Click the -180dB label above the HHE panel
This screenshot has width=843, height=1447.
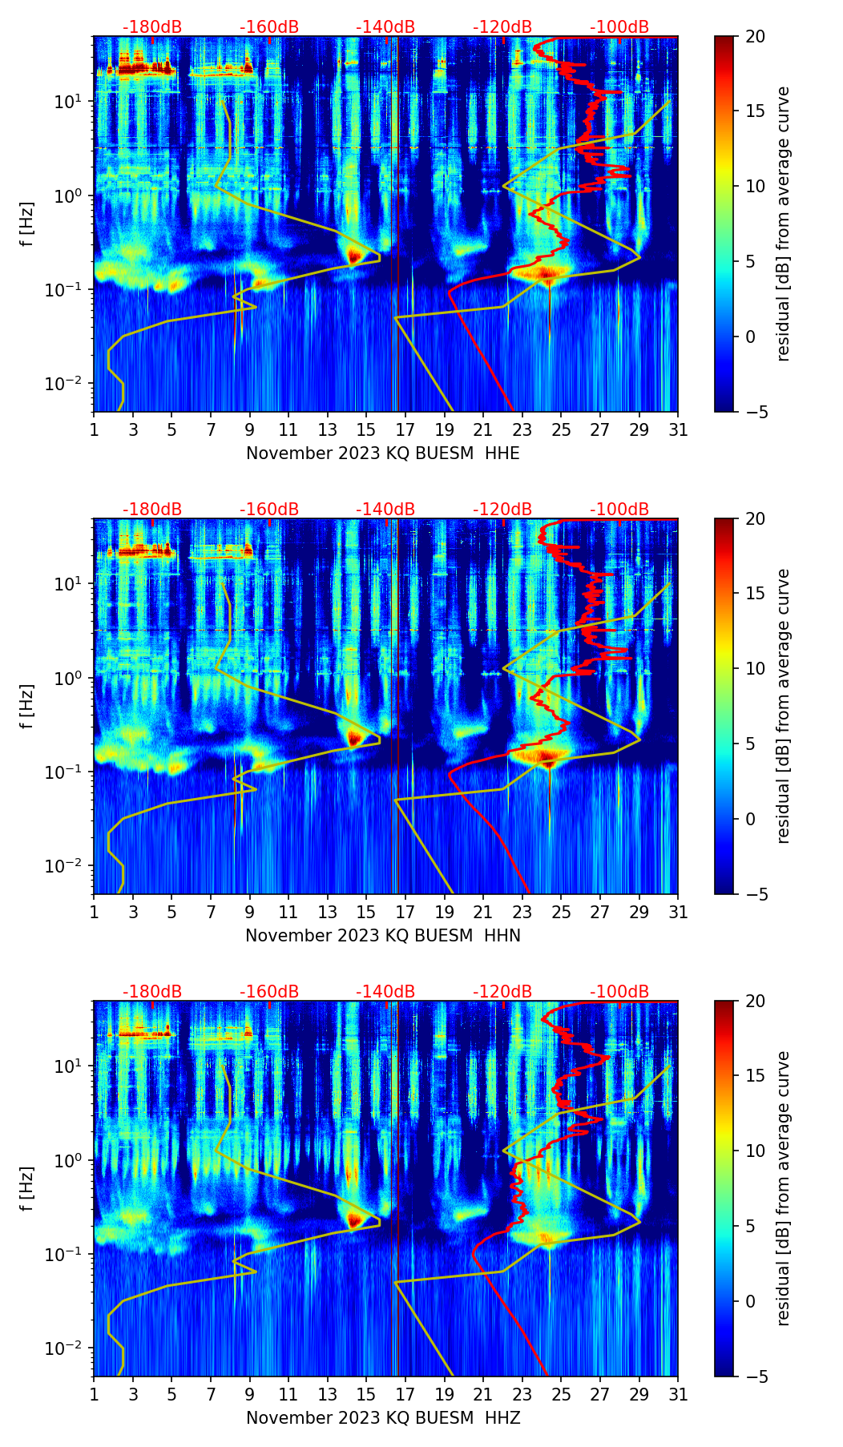(152, 27)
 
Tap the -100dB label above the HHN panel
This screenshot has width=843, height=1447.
(619, 510)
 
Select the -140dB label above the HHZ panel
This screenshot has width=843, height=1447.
(385, 992)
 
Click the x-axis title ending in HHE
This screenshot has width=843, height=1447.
(383, 453)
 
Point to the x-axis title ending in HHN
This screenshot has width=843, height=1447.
(383, 936)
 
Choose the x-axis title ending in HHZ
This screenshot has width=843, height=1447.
(383, 1418)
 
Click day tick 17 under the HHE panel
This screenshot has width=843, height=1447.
(405, 429)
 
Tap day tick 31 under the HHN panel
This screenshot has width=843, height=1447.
(678, 912)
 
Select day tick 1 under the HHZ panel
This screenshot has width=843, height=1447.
(94, 1394)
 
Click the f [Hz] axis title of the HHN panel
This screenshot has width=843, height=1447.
(28, 706)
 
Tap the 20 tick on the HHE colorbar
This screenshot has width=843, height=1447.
(755, 37)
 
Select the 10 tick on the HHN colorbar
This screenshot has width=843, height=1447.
(755, 668)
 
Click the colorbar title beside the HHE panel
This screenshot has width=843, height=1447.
(783, 224)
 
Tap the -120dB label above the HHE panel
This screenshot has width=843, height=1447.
(502, 27)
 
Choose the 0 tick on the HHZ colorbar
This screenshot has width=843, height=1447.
(750, 1301)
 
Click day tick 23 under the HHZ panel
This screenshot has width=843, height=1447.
(522, 1394)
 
